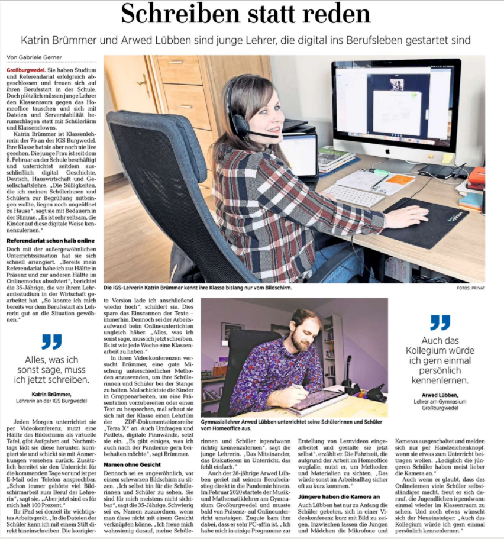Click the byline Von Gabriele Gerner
pyautogui.click(x=33, y=57)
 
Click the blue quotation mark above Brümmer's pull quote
pyautogui.click(x=51, y=342)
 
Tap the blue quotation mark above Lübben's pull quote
pyautogui.click(x=440, y=322)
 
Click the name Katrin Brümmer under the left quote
pyautogui.click(x=51, y=393)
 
